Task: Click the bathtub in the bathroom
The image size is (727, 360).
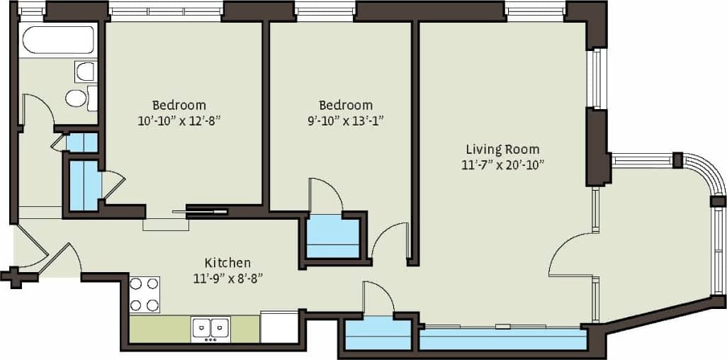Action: [59, 40]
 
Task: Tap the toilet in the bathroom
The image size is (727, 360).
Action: [77, 98]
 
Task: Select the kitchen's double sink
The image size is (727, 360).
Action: [210, 327]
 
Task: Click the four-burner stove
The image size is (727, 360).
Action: [145, 295]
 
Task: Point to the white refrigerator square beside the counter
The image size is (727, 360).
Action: [278, 327]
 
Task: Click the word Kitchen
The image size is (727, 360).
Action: [227, 262]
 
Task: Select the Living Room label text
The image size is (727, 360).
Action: [502, 149]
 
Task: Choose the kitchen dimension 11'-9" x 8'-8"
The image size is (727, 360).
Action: [227, 278]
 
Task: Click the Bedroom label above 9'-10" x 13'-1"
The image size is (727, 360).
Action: [345, 104]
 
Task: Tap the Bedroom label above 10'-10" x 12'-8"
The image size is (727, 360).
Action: [179, 104]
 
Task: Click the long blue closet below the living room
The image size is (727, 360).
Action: [502, 339]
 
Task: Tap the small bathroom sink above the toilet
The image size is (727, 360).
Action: [84, 70]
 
